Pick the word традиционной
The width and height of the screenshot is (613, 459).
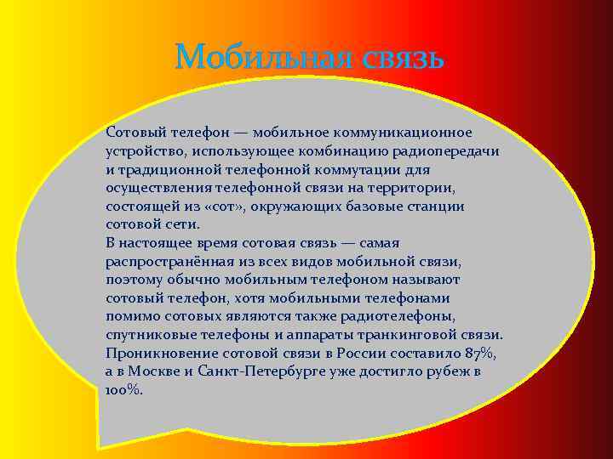pyautogui.click(x=161, y=170)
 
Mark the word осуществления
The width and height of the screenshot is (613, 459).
pyautogui.click(x=152, y=188)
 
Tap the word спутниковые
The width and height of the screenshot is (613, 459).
pyautogui.click(x=143, y=335)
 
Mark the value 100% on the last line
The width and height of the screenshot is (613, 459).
pyautogui.click(x=124, y=391)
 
